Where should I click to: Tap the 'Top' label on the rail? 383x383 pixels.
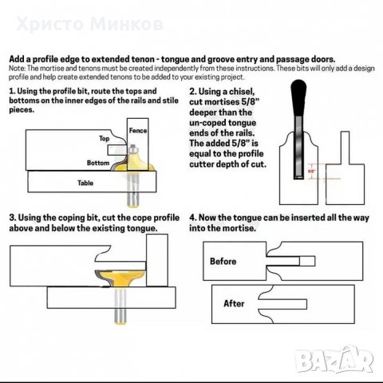point(104,138)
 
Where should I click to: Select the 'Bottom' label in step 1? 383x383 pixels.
point(99,162)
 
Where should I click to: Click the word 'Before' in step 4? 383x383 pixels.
point(223,261)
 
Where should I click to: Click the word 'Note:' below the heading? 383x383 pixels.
point(17,67)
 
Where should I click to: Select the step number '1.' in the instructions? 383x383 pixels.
point(12,93)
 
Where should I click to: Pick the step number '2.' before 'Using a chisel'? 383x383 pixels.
point(192,93)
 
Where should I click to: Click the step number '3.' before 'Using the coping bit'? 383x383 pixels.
point(12,217)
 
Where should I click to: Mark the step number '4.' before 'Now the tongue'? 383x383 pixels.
point(192,217)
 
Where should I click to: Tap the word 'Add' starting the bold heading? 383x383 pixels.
point(16,59)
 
